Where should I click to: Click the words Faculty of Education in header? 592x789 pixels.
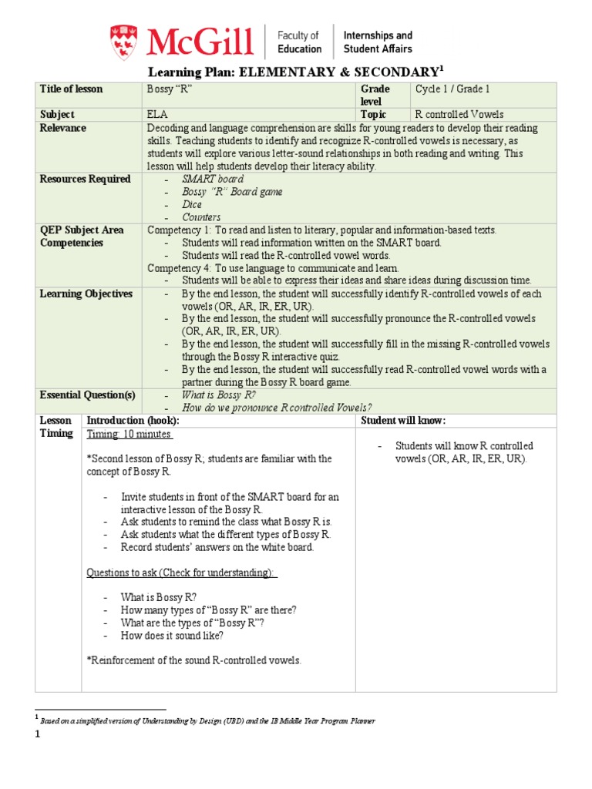coord(299,42)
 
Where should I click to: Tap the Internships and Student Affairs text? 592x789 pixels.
coord(377,42)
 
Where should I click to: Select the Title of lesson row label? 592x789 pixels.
coord(71,89)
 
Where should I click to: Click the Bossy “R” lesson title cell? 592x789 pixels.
coord(169,89)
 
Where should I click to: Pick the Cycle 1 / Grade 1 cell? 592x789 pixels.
coord(452,89)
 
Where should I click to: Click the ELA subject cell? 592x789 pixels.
coord(156,115)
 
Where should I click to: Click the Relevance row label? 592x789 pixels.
coord(63,128)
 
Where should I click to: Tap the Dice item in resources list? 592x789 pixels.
coord(192,205)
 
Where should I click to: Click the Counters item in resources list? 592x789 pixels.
coord(201,217)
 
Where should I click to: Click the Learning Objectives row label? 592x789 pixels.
coord(86,294)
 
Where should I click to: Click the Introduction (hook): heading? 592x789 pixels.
coord(133,421)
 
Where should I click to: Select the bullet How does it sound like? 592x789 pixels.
coord(172,636)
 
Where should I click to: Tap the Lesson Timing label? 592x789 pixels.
coord(56,427)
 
